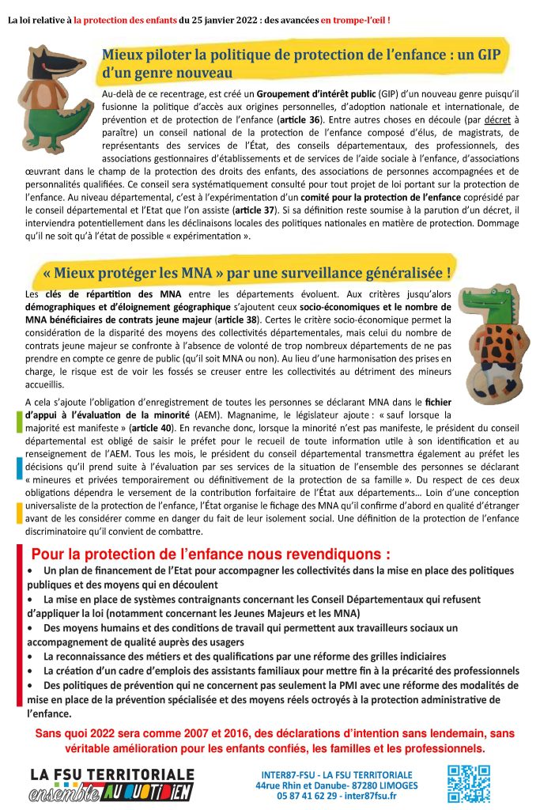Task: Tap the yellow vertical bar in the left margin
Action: [x=19, y=513]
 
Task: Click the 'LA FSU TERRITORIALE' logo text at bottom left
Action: [x=111, y=774]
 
